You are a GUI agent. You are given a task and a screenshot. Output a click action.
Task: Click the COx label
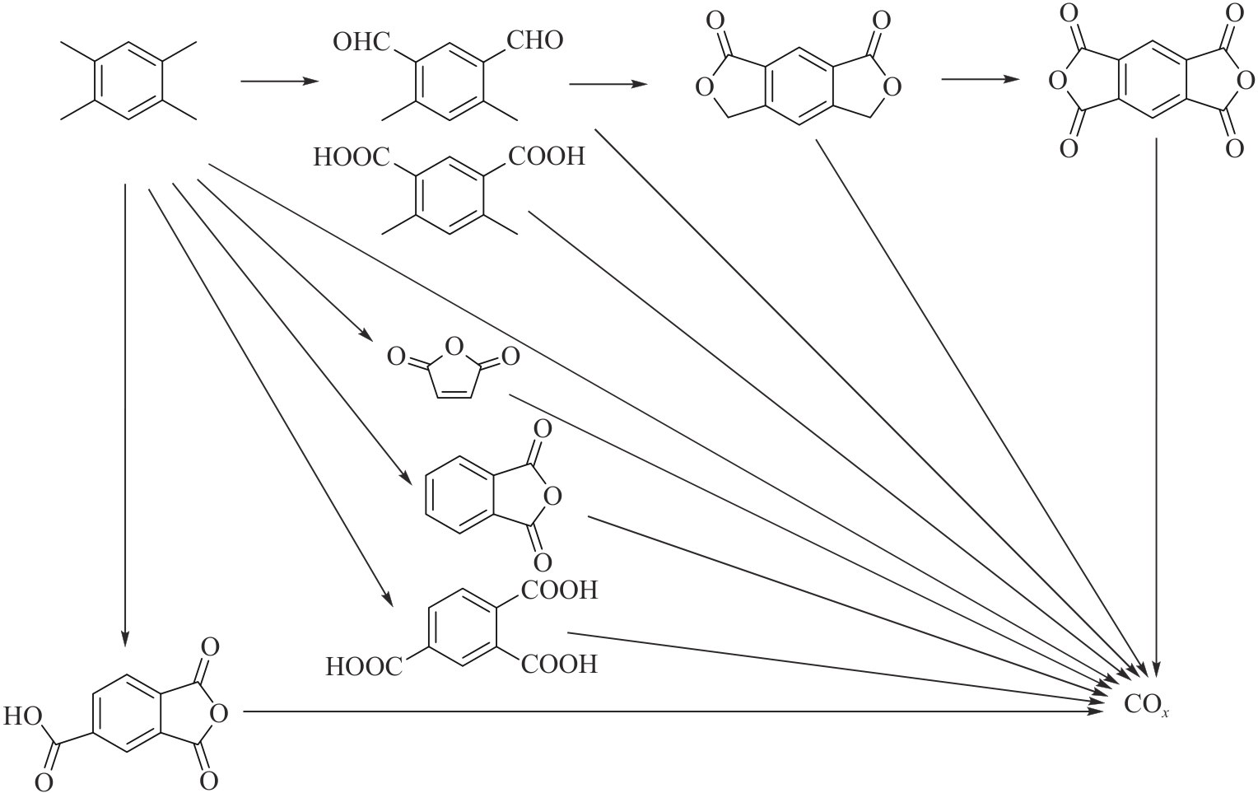1146,706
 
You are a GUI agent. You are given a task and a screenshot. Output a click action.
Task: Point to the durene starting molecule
128,81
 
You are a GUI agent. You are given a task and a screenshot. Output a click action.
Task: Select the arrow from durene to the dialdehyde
279,82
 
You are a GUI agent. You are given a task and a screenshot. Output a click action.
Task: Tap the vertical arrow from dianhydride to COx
1158,403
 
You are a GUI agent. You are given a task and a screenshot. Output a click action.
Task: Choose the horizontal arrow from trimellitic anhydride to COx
675,711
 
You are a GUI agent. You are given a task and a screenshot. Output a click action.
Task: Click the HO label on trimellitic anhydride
23,716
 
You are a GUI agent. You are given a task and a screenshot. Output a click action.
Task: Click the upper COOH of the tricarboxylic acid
559,590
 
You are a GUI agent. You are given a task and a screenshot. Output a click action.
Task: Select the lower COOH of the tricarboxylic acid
559,664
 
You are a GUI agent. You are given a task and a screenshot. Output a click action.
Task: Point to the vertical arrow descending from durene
125,412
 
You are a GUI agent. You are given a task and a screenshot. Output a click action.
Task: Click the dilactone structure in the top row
798,81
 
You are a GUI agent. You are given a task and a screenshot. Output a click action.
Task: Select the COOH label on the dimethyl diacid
546,156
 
